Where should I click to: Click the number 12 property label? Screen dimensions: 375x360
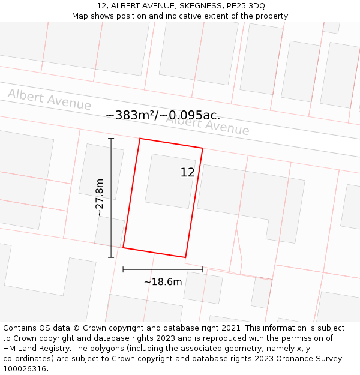[x=187, y=173]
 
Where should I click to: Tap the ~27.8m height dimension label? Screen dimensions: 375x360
[x=100, y=197]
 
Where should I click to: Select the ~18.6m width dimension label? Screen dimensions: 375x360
[x=163, y=281]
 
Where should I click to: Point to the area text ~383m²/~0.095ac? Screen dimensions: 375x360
[x=163, y=115]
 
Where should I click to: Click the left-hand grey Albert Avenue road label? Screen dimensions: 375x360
[x=49, y=100]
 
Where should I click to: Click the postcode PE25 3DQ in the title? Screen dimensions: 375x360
[x=244, y=6]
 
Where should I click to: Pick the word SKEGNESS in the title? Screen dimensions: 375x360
[x=184, y=6]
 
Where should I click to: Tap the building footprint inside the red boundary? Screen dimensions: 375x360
[x=170, y=180]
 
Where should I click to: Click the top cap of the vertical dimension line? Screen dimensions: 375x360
[x=111, y=139]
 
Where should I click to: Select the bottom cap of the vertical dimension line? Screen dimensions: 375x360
[x=111, y=257]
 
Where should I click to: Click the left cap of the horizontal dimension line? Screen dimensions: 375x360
[x=123, y=269]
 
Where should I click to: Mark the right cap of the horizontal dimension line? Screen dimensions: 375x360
[x=203, y=269]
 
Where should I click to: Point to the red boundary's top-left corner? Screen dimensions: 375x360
[x=140, y=139]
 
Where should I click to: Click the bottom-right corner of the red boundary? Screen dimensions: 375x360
[x=185, y=257]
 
